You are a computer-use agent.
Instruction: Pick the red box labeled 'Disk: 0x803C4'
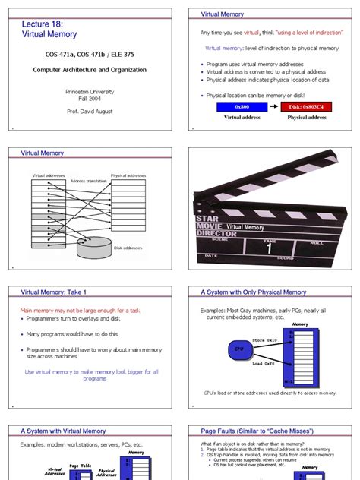[x=307, y=108]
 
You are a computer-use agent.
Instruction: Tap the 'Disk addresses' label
[x=128, y=248]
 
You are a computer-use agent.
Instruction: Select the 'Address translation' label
[x=88, y=182]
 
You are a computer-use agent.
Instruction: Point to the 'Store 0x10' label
[x=264, y=339]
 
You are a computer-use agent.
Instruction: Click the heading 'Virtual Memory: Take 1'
[x=54, y=292]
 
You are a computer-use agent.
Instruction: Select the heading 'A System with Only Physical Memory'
[x=253, y=292]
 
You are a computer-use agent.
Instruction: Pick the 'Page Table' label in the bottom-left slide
[x=81, y=466]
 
